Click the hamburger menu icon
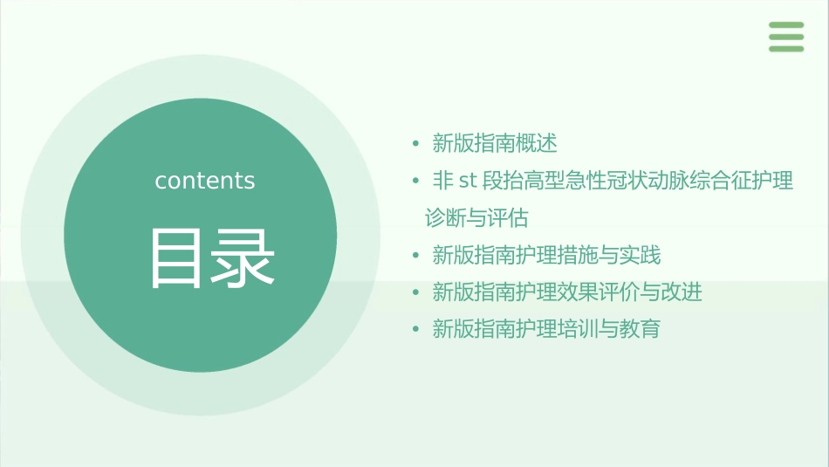tap(785, 37)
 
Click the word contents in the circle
tap(205, 181)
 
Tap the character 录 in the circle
tap(243, 258)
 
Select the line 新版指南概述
tap(495, 143)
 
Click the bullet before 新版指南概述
tap(416, 143)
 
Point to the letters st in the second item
tap(468, 181)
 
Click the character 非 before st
tap(443, 181)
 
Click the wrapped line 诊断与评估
tap(476, 217)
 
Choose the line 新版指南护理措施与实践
tap(547, 255)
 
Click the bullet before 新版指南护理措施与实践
tap(416, 255)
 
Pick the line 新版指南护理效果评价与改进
tap(567, 292)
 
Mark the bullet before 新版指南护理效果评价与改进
tap(416, 292)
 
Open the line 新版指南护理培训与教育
tap(547, 329)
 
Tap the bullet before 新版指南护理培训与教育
tap(416, 329)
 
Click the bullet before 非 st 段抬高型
tap(416, 181)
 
